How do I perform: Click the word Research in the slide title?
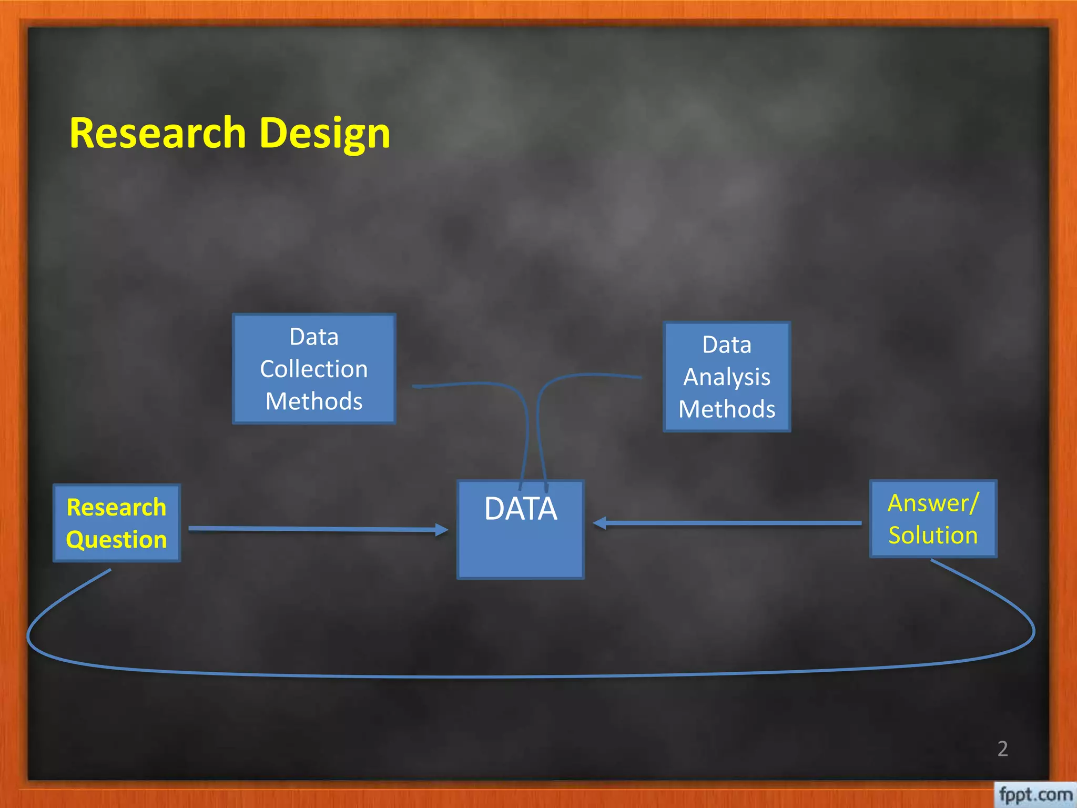point(157,133)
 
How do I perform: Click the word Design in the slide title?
point(324,134)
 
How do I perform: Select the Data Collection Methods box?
point(314,368)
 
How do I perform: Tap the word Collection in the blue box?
point(314,369)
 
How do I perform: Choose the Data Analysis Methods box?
point(727,377)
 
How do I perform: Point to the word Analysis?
point(727,377)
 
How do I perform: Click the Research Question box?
point(117,523)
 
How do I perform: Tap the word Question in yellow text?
point(117,540)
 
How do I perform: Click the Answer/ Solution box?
point(933,519)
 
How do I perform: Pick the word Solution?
point(933,535)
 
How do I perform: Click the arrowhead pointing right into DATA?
point(442,530)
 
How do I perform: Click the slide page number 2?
point(1002,749)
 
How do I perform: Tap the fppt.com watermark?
point(1035,794)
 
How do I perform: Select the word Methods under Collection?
point(314,401)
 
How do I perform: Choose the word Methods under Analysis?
point(727,409)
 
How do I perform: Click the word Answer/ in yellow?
point(933,503)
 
